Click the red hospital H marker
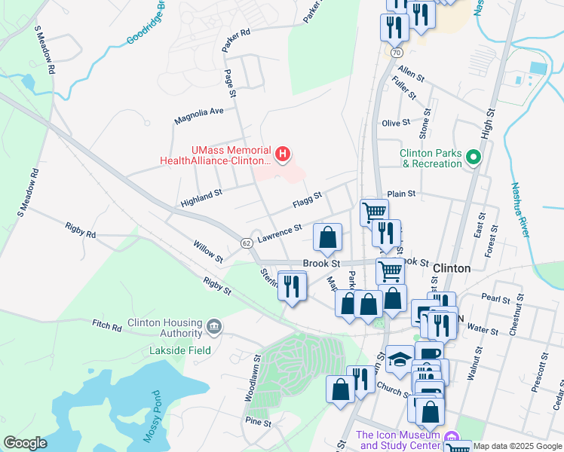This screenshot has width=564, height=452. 283,155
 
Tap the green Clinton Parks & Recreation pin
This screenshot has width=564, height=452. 473,157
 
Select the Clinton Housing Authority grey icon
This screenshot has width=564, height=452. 214,326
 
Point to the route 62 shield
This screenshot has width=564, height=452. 247,243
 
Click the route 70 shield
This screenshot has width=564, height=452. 397,52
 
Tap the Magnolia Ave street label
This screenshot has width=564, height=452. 199,115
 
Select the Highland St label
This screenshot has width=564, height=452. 201,198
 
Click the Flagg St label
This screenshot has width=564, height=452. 307,200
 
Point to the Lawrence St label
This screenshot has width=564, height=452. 279,232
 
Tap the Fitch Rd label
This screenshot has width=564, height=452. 106,327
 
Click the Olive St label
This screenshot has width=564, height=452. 396,123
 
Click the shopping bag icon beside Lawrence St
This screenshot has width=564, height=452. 327,238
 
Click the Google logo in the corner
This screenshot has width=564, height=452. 25,443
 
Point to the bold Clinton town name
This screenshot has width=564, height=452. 452,268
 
